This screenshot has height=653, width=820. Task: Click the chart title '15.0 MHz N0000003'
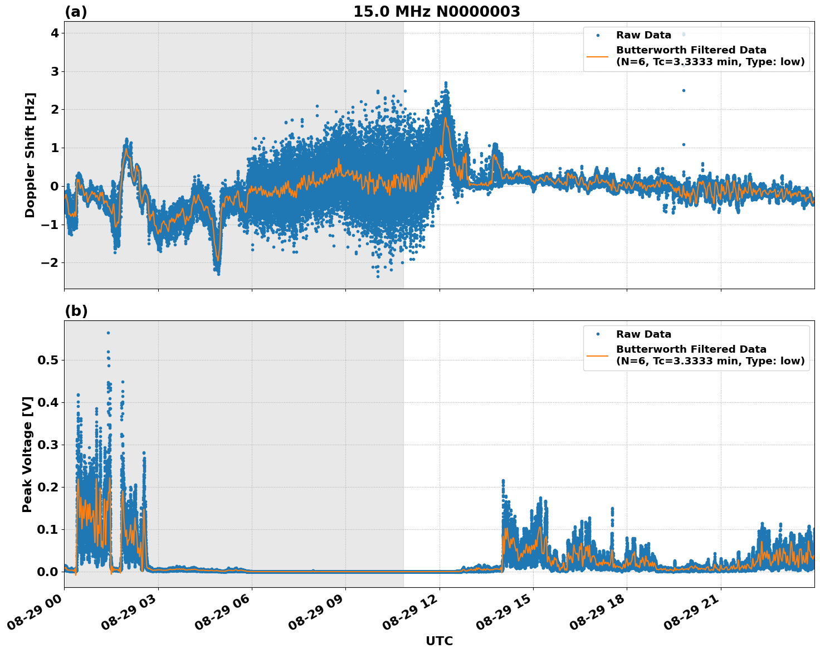point(436,12)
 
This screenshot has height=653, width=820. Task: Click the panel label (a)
point(76,12)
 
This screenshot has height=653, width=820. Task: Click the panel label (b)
point(76,311)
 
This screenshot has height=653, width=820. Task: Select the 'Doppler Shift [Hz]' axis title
point(30,155)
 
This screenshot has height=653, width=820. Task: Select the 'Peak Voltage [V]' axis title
point(27,454)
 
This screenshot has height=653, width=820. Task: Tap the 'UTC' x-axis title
point(439,641)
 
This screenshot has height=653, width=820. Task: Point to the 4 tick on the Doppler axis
point(55,33)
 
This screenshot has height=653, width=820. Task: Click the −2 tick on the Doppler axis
point(51,262)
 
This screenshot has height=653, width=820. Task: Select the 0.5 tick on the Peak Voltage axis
point(48,360)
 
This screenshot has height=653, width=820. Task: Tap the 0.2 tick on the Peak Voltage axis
point(48,487)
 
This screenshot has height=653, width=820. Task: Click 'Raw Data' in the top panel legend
point(643,35)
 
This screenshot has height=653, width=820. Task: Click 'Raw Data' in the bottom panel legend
point(643,334)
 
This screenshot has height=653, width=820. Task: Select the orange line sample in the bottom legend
point(598,355)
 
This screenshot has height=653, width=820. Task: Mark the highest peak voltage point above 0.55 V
point(108,333)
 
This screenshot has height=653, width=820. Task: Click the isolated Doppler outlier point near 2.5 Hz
point(684,90)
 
